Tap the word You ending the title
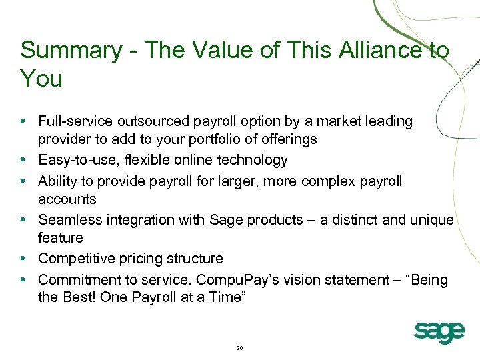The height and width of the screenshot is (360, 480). [x=41, y=79]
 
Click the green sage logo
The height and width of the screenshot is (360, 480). [x=439, y=331]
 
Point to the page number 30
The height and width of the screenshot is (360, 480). [x=240, y=348]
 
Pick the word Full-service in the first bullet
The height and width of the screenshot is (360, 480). [x=75, y=121]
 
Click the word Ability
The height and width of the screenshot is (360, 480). [x=58, y=180]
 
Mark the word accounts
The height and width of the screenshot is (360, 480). [x=67, y=199]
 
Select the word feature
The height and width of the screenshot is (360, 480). [x=61, y=238]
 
